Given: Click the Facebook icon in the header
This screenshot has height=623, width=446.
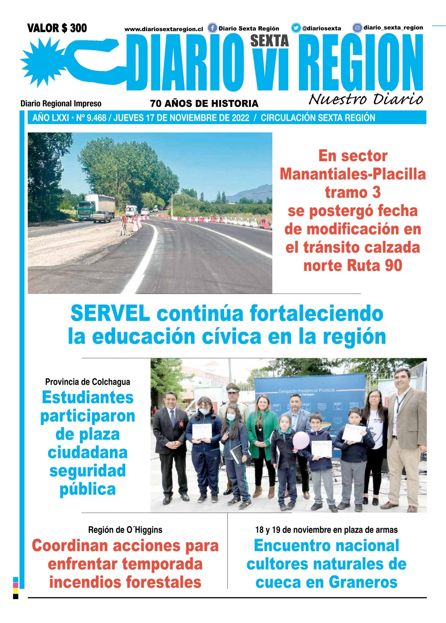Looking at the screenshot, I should [212, 28].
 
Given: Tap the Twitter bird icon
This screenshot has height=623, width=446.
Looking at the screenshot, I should [296, 28].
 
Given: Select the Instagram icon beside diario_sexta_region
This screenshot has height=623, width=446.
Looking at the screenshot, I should [357, 28].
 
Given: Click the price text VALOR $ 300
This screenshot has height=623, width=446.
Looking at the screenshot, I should [57, 28].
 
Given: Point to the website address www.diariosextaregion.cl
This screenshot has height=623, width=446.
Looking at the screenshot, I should [164, 29].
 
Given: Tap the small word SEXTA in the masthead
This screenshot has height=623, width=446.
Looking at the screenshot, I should [270, 41].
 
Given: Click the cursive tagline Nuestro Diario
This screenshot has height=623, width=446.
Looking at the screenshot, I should [366, 99].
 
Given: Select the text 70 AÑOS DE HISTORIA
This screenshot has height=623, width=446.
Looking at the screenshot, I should [204, 103].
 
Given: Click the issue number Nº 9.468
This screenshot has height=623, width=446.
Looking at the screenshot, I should [91, 118].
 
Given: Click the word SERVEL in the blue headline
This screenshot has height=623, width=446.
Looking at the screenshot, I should [110, 314].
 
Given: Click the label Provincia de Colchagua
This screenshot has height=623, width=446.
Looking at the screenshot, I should [88, 382].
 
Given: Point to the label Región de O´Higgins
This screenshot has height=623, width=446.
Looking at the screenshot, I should [125, 530].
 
